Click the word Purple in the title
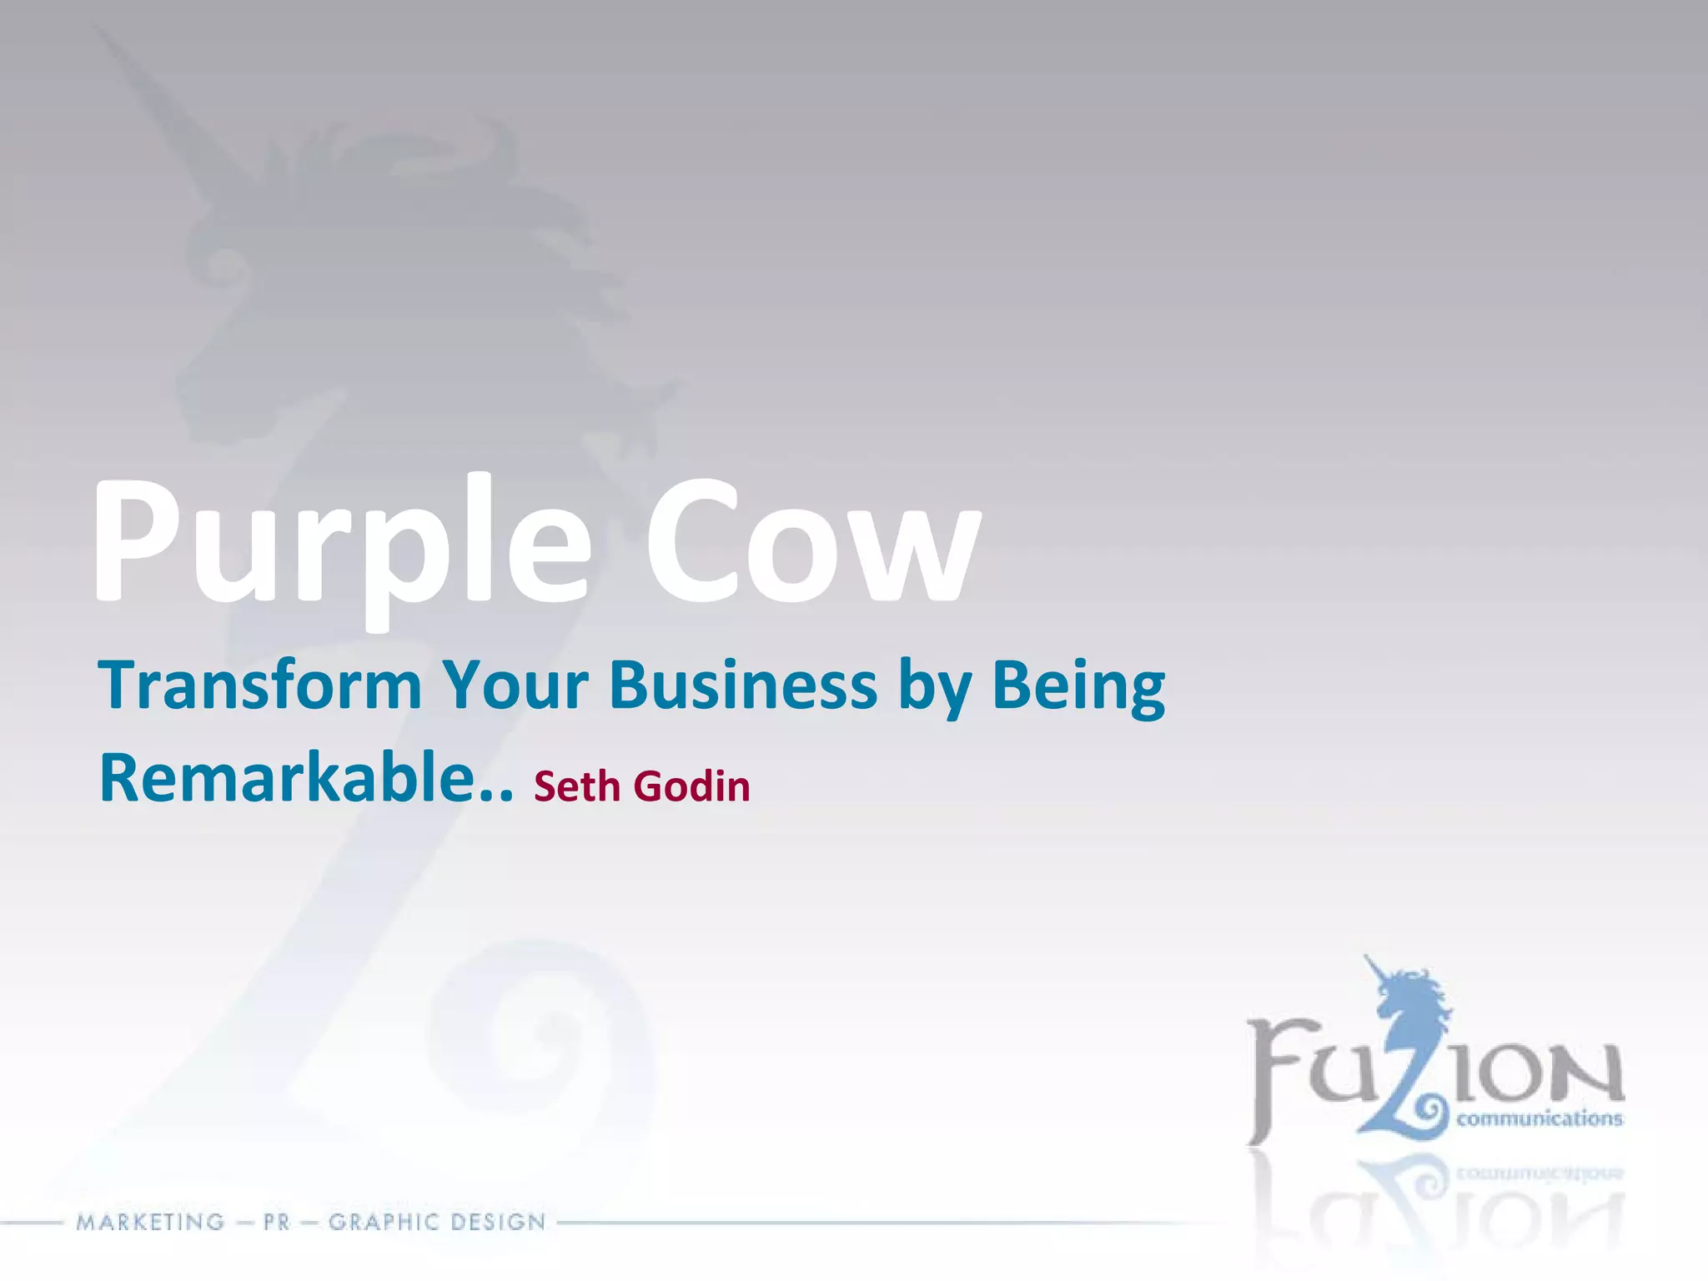pyautogui.click(x=342, y=542)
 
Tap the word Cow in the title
pyautogui.click(x=813, y=542)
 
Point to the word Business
pyautogui.click(x=743, y=686)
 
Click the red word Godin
pyautogui.click(x=692, y=786)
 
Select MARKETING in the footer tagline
pyautogui.click(x=151, y=1223)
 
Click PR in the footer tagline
pyautogui.click(x=276, y=1223)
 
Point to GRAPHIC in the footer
pyautogui.click(x=383, y=1223)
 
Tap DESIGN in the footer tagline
pyautogui.click(x=497, y=1223)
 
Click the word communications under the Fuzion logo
pyautogui.click(x=1540, y=1118)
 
